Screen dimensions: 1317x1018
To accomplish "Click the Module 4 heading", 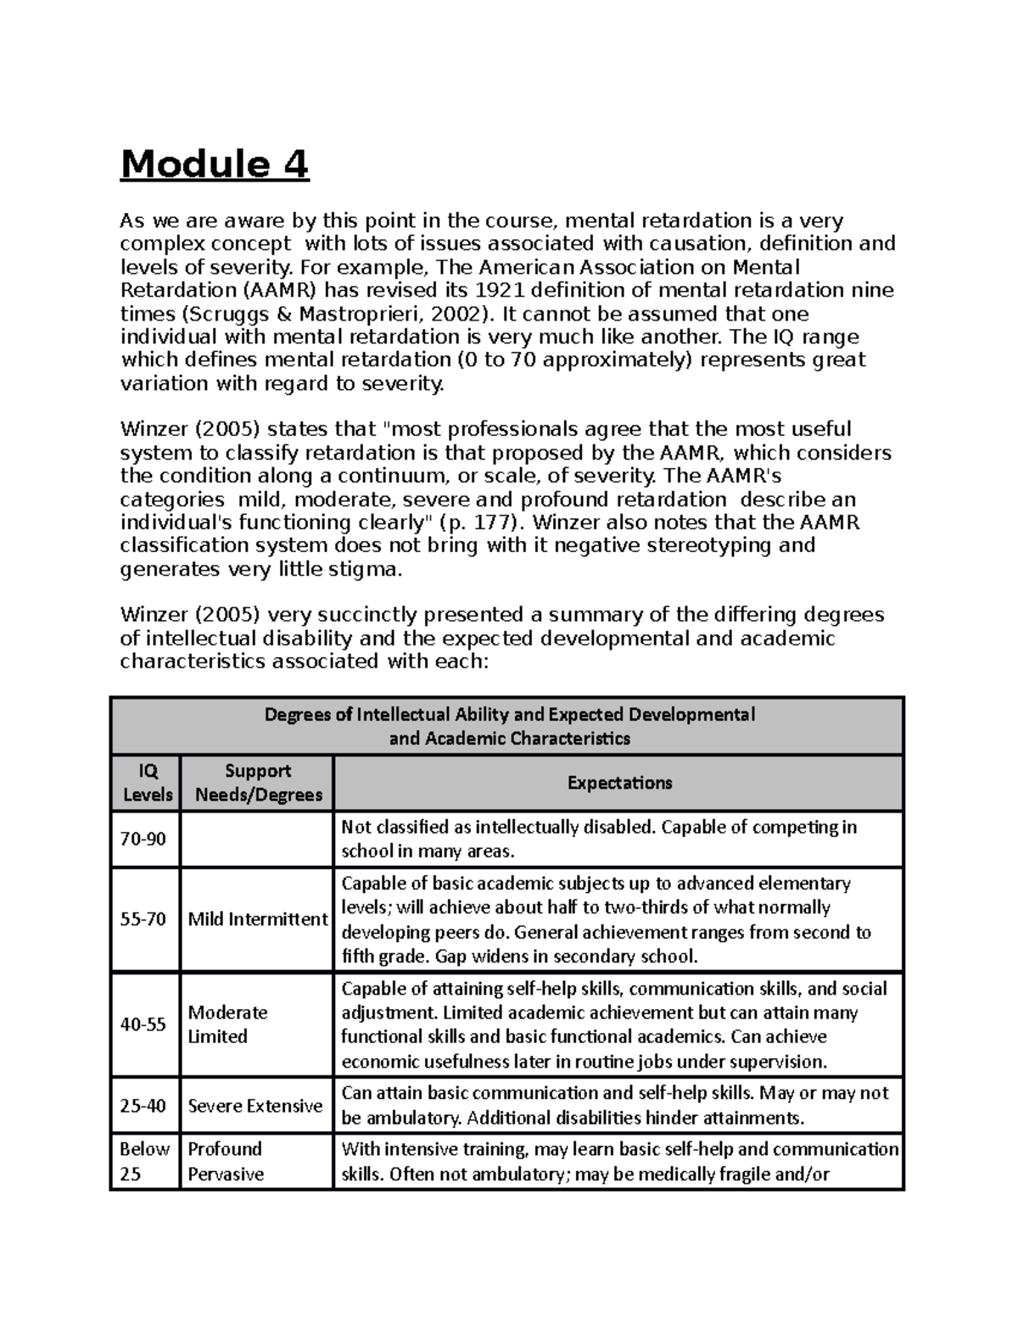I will click(215, 165).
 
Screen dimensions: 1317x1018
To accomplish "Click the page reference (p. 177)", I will click(477, 522).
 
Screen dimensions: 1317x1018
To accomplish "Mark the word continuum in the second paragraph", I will click(349, 476).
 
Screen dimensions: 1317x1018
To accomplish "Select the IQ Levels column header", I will click(146, 782).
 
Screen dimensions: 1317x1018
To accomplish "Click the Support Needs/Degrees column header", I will click(258, 782).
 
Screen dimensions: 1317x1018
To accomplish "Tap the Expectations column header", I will click(618, 783).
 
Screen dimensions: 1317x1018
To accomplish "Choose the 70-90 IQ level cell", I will click(143, 839).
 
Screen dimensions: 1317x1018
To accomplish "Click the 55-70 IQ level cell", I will click(143, 919).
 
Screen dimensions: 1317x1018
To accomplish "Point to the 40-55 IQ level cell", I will click(143, 1024).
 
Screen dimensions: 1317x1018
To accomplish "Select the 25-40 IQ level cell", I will click(143, 1106).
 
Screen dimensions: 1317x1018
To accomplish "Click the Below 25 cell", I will click(144, 1161).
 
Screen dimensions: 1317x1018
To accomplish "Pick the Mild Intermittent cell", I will click(257, 919).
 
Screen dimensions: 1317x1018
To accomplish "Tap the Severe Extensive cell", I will click(255, 1106).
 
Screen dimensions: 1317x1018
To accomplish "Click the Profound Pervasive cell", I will click(226, 1161).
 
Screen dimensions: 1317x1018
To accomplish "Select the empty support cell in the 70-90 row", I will click(256, 839).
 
